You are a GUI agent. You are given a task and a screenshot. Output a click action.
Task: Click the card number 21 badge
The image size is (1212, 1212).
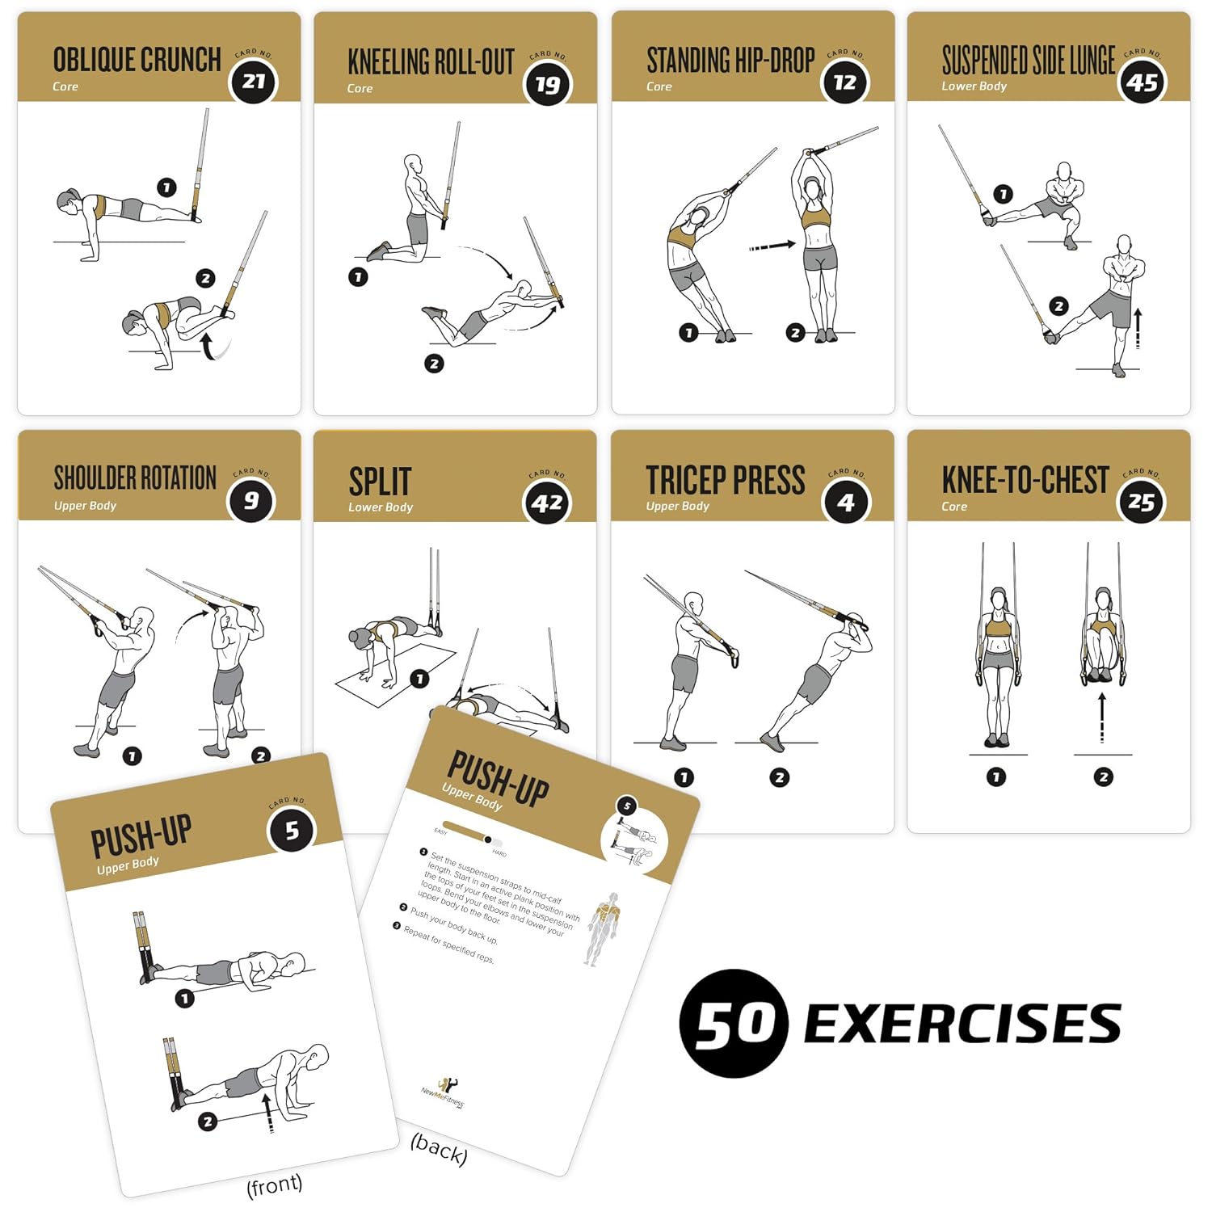tap(254, 82)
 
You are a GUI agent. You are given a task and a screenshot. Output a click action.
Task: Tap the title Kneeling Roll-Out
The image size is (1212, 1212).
tap(431, 62)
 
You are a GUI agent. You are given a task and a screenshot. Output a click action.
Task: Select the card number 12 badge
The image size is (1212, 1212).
tap(845, 82)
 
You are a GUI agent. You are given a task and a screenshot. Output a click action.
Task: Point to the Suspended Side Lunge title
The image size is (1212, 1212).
tap(1028, 60)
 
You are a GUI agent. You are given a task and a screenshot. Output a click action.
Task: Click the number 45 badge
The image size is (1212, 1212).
tap(1143, 82)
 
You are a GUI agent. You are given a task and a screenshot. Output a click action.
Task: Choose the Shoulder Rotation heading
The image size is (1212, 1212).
tap(135, 478)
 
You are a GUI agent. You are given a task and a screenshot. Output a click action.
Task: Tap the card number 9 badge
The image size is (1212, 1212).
tap(251, 501)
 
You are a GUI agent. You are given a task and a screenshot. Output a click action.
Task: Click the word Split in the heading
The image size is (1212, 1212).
tap(380, 482)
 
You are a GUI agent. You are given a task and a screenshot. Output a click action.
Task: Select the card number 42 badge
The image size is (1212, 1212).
tap(548, 503)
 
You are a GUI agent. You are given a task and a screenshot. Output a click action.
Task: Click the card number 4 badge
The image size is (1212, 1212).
tap(845, 503)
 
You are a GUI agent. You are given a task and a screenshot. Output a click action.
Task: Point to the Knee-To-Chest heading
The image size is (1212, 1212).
tap(1025, 480)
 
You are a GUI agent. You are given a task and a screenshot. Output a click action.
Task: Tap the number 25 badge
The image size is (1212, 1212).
tap(1141, 503)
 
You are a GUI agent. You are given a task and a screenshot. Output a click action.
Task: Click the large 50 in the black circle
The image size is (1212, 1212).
tap(734, 1024)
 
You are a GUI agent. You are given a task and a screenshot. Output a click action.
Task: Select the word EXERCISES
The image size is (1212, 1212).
tap(962, 1024)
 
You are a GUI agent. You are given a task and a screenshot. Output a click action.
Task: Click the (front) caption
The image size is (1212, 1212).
tap(275, 1185)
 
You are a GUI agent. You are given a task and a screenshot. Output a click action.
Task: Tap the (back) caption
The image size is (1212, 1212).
tap(439, 1149)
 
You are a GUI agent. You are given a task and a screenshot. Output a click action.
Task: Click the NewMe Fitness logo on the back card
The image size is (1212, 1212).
tap(443, 1088)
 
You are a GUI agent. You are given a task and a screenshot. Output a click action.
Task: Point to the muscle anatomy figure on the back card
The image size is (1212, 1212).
tap(603, 928)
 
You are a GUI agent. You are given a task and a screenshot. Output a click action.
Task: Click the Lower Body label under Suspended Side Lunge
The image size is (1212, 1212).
tap(974, 86)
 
